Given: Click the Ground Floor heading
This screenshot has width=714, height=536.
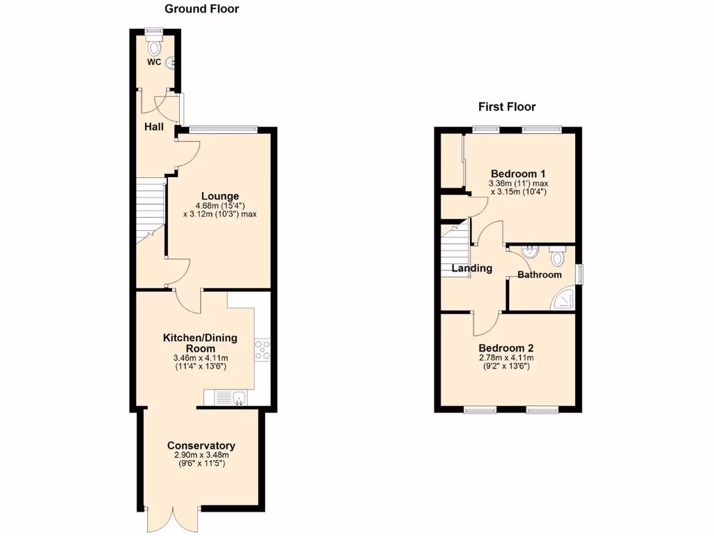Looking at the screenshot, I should (x=202, y=9).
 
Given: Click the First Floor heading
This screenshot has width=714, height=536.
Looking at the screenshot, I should (x=506, y=107).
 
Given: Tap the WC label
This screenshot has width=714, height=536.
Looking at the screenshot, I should (x=153, y=62).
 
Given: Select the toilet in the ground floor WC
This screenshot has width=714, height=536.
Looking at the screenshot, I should (x=154, y=47).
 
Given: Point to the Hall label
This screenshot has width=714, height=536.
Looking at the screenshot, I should (x=153, y=126).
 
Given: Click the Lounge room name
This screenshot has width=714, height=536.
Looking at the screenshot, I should (x=220, y=196).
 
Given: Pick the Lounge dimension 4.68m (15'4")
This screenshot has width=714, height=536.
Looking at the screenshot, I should (x=220, y=206).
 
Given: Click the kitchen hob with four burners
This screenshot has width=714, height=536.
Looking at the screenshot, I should (x=263, y=350).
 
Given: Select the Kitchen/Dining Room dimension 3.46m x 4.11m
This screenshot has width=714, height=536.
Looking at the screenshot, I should (x=200, y=358).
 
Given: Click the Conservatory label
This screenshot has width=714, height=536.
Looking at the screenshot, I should (x=201, y=445).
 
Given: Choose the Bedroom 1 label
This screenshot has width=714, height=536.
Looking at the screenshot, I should (x=518, y=174).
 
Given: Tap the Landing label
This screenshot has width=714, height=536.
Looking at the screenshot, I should (x=472, y=268).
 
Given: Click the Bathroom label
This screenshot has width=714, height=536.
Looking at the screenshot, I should (x=539, y=275).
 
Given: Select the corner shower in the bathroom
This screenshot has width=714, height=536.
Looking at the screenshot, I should (x=563, y=298).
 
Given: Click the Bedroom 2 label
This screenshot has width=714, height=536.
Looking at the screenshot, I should (x=506, y=348).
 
